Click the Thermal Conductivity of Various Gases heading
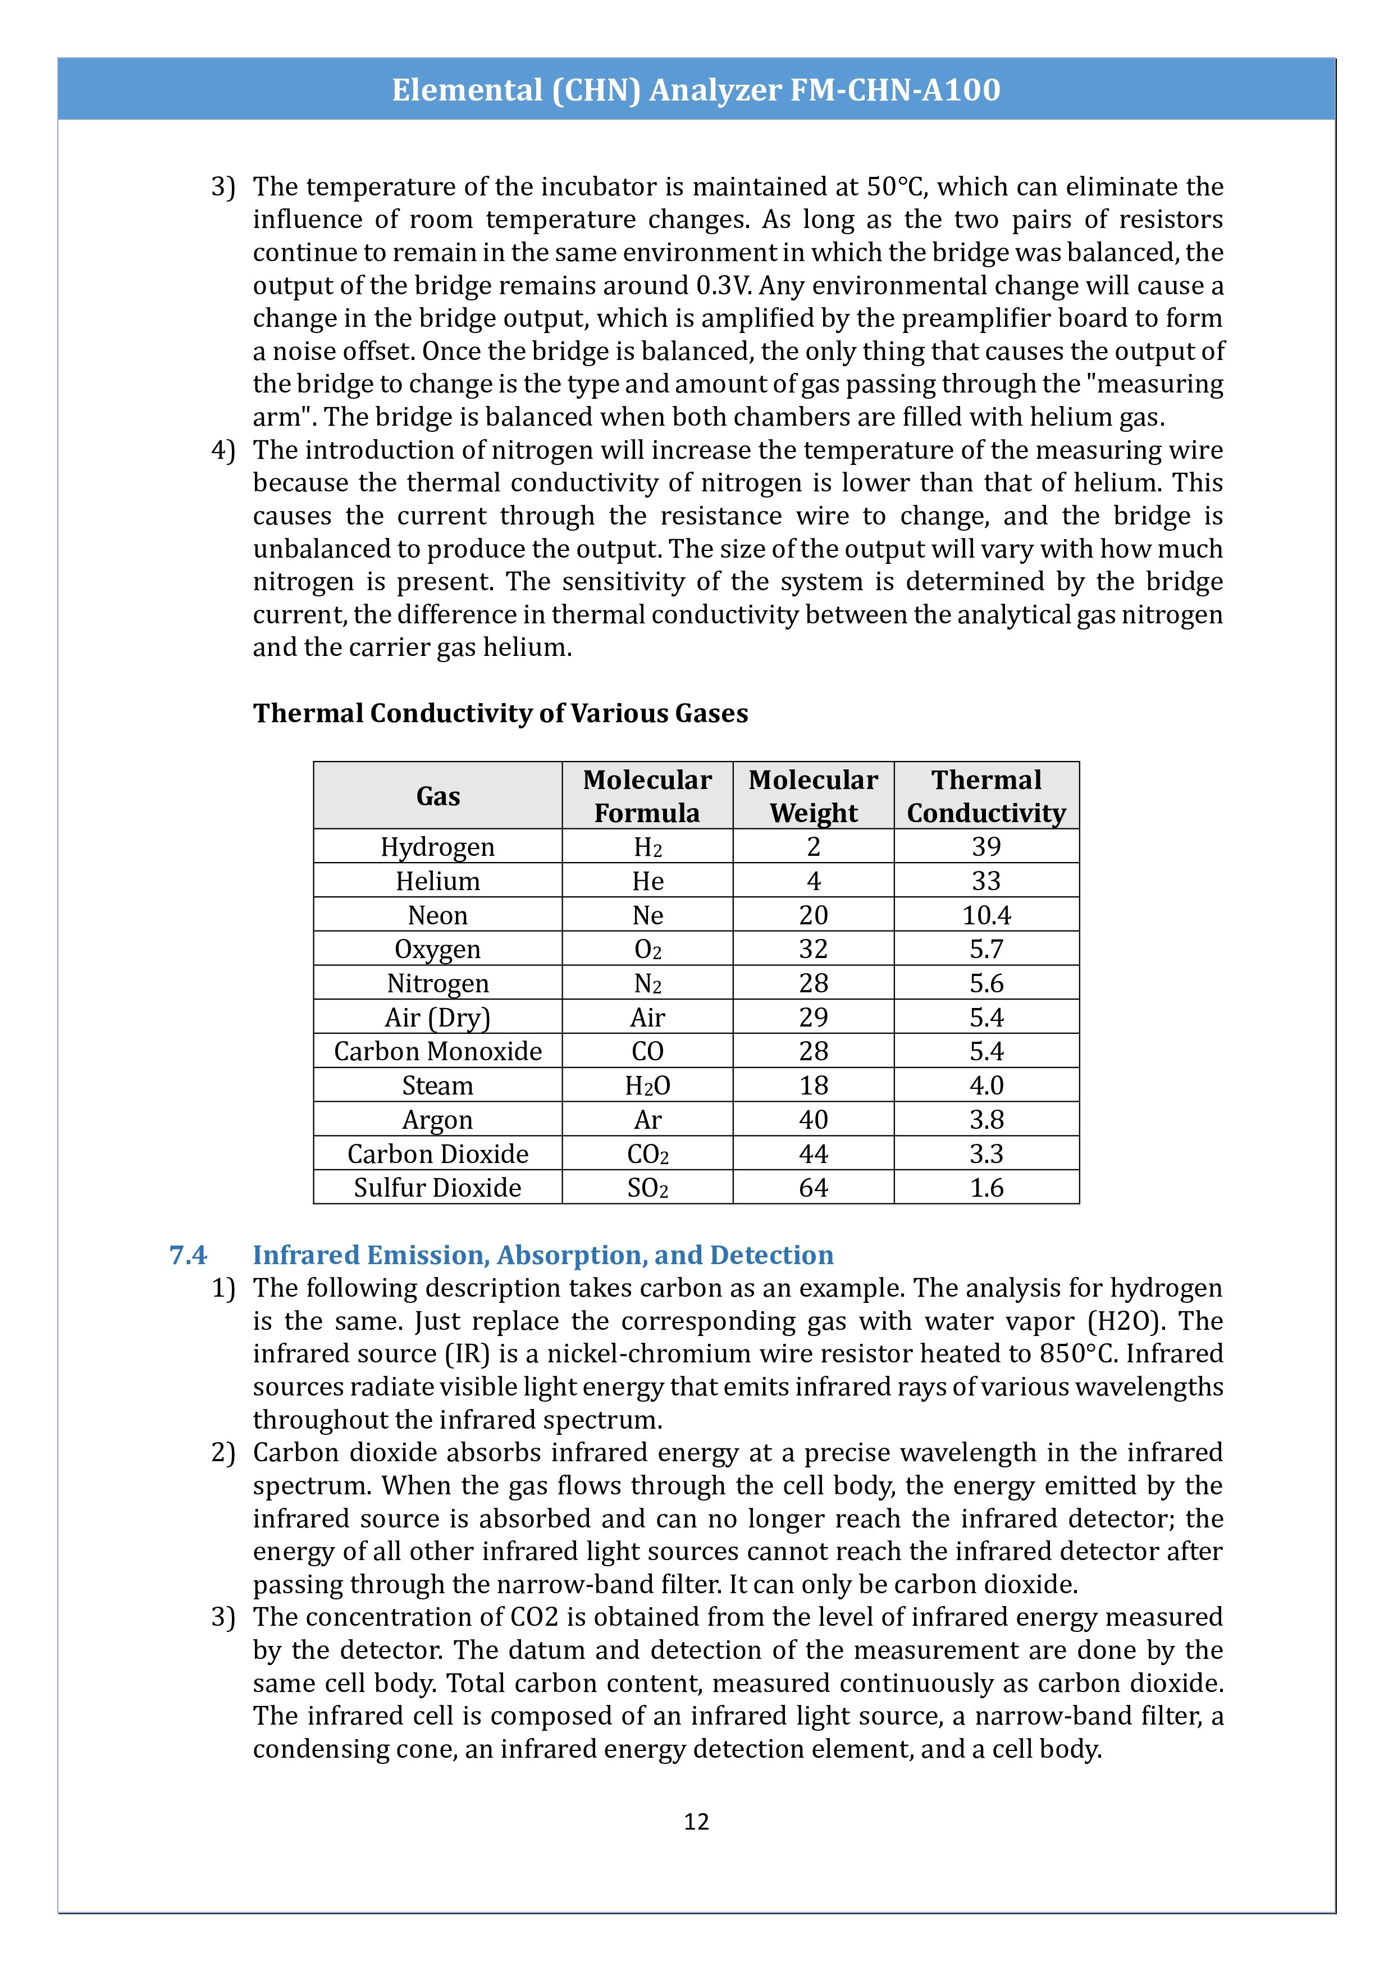(x=500, y=713)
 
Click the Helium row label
(x=437, y=881)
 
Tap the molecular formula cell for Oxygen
(x=647, y=949)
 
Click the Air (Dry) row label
(x=437, y=1018)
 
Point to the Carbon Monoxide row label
(x=437, y=1051)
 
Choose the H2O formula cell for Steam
(x=647, y=1086)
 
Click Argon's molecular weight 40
(x=812, y=1120)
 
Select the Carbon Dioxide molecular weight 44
(x=812, y=1154)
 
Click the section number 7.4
(x=188, y=1255)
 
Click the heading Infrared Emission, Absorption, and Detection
(x=542, y=1255)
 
